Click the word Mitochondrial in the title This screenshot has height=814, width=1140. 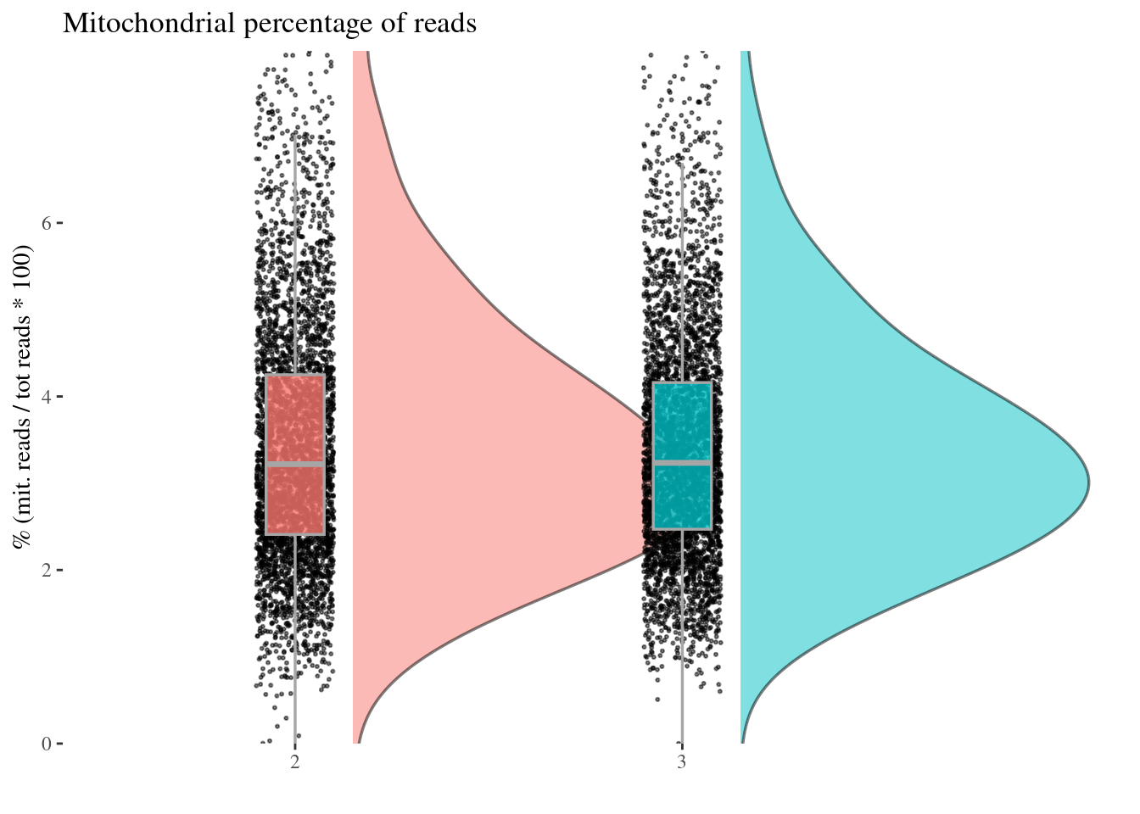coord(148,23)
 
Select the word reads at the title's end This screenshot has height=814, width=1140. coord(444,24)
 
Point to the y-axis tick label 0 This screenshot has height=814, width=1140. coord(47,744)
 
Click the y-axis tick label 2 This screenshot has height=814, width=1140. coord(47,571)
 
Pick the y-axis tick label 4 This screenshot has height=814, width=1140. coord(47,396)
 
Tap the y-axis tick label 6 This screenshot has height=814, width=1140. coord(47,223)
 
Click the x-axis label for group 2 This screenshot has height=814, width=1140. coord(295,762)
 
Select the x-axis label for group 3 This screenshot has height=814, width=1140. coord(682,762)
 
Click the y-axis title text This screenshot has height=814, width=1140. coord(22,397)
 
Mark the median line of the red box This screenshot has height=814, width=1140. coord(295,464)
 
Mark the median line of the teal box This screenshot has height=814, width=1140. coord(682,462)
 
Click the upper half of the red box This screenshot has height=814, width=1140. coord(295,418)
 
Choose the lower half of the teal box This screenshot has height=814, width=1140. coord(682,497)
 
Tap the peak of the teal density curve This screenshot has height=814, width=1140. coord(1088,482)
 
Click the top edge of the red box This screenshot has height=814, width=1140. coord(295,375)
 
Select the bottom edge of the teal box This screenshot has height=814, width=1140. coord(682,530)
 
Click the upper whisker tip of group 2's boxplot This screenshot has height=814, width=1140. coord(295,134)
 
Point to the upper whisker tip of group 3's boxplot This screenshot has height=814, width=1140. coord(682,164)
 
